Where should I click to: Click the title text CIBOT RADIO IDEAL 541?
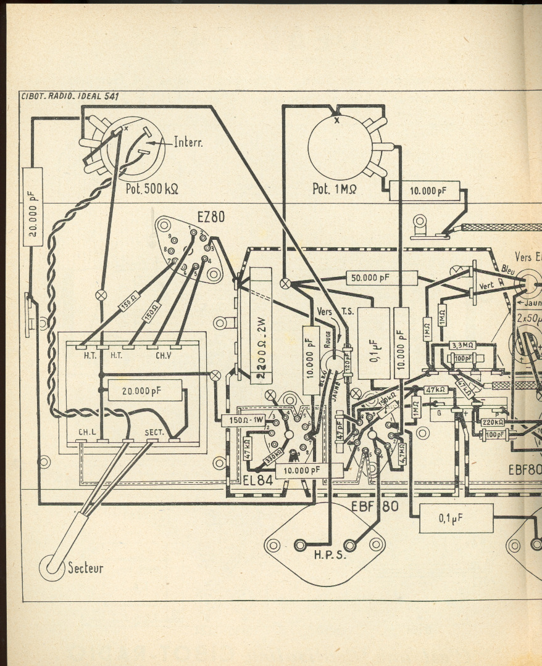pyautogui.click(x=70, y=96)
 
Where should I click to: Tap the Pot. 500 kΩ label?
pyautogui.click(x=152, y=188)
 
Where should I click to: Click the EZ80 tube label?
pyautogui.click(x=211, y=217)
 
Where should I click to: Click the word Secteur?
pyautogui.click(x=85, y=568)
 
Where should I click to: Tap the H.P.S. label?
pyautogui.click(x=325, y=554)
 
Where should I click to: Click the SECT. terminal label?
pyautogui.click(x=154, y=433)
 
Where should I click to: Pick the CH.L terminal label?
pyautogui.click(x=86, y=433)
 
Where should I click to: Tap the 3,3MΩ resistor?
pyautogui.click(x=462, y=345)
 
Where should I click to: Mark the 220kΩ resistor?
pyautogui.click(x=493, y=422)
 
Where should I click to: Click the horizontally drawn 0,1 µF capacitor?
pyautogui.click(x=456, y=518)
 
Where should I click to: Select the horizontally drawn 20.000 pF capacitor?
pyautogui.click(x=145, y=390)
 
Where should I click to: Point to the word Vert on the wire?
pyautogui.click(x=487, y=286)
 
